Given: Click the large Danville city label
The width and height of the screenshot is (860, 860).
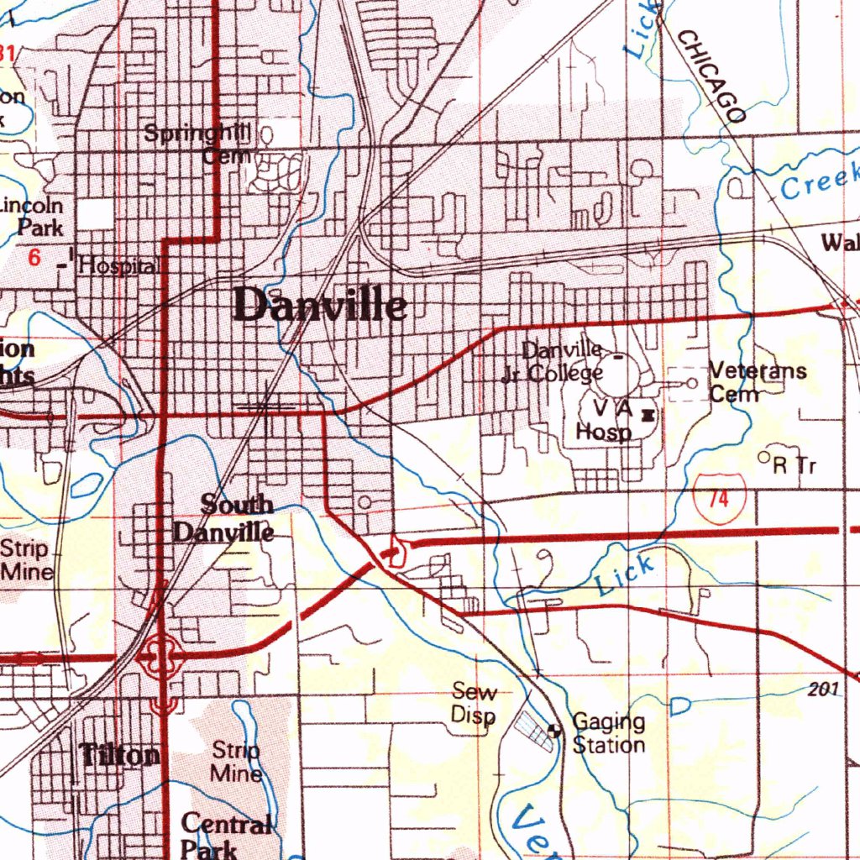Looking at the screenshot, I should click(321, 305).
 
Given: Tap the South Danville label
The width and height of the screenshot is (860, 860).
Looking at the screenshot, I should click(224, 518).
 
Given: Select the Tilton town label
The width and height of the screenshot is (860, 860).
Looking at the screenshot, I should click(120, 755).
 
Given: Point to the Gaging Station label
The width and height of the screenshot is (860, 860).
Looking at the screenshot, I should click(608, 733).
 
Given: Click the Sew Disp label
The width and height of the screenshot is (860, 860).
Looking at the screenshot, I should click(474, 704).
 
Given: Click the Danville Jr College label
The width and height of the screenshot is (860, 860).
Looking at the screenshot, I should click(554, 362).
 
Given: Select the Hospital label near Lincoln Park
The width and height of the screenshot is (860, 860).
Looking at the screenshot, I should click(118, 266).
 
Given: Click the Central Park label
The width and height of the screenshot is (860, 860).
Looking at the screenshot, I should click(224, 836).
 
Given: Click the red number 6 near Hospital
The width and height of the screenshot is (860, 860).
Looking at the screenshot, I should click(34, 259).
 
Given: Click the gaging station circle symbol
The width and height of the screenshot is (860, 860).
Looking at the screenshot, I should click(554, 730).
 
